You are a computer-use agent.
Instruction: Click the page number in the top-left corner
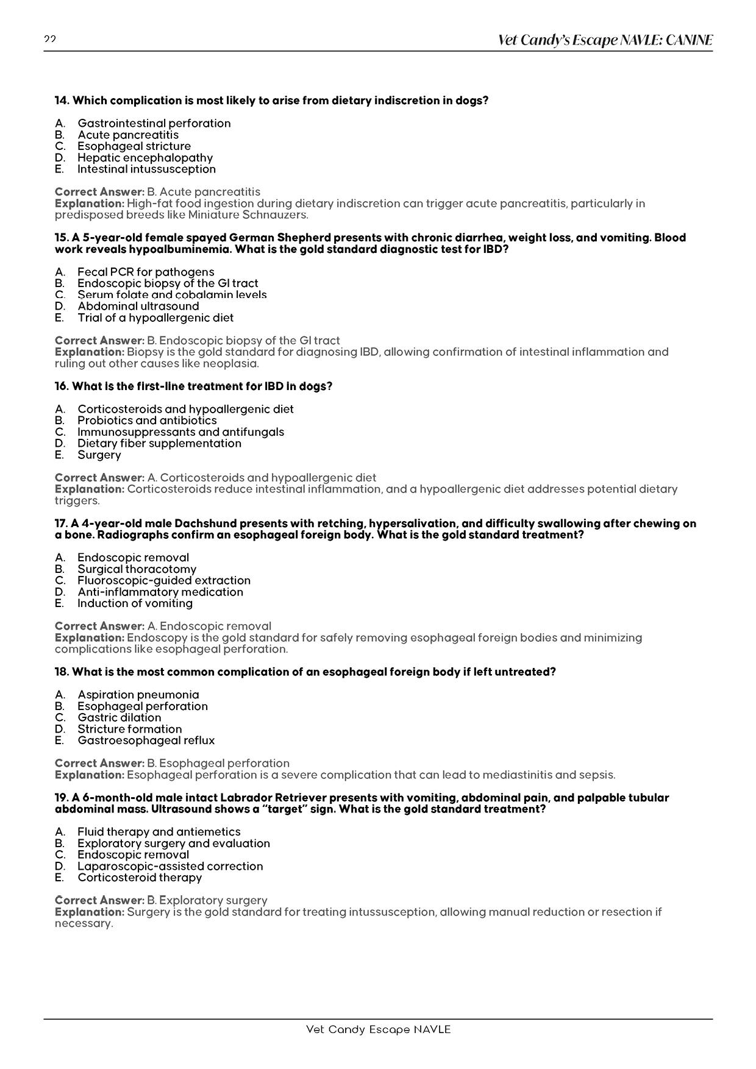[50, 40]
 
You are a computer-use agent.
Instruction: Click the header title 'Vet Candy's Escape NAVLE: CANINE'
[605, 41]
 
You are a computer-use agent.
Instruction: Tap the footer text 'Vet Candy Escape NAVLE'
[378, 1029]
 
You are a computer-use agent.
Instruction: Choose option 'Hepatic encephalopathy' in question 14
[145, 158]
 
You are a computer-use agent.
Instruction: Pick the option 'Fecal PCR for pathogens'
[146, 272]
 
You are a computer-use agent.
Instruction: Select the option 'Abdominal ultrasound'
[138, 306]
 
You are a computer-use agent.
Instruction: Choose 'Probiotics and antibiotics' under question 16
[147, 421]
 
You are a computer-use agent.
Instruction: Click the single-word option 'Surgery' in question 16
[99, 455]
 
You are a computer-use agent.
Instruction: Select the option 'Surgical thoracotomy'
[137, 569]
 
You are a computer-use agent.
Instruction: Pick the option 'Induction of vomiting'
[135, 603]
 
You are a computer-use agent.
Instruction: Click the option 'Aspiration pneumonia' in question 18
[138, 695]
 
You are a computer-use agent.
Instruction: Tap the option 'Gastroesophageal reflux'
[146, 740]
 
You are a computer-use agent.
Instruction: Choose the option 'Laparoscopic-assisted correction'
[170, 866]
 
